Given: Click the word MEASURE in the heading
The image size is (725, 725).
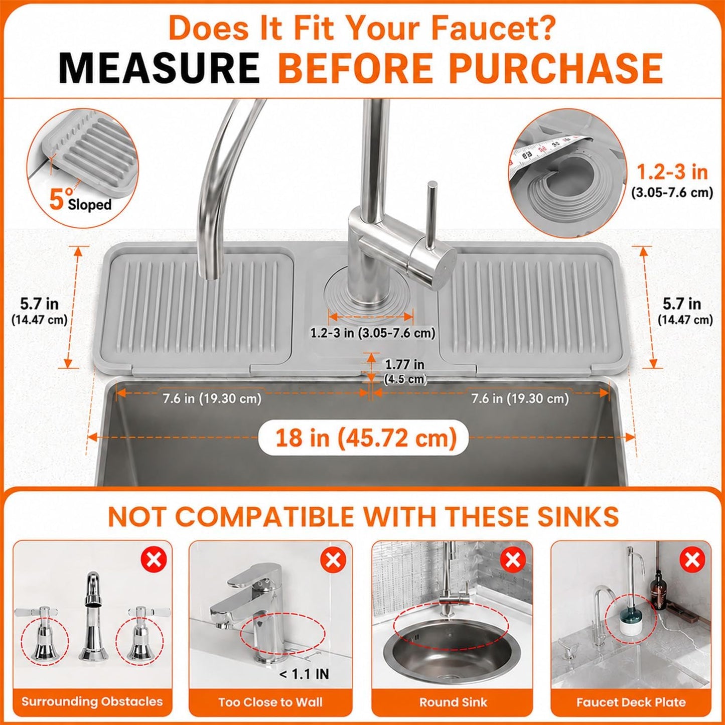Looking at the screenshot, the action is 159,68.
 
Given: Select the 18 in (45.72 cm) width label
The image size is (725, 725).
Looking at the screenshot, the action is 366,438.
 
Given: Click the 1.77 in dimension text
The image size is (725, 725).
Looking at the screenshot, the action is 404,364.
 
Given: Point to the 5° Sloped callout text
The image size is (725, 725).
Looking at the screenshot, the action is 80,201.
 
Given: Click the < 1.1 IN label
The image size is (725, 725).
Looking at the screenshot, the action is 305,674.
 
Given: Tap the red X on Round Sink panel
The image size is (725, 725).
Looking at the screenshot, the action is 513,560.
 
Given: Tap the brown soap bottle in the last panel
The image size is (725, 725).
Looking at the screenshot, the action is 658,590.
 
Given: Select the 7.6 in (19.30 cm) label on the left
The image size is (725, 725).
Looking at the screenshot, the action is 212,398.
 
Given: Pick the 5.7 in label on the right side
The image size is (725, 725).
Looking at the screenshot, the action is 682,304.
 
